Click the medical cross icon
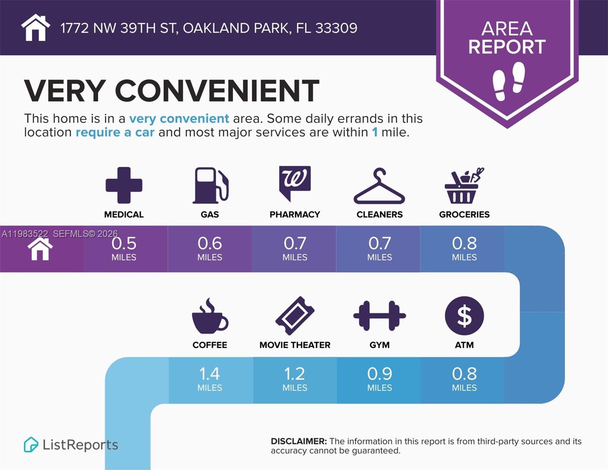tap(124, 185)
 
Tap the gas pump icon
tap(210, 185)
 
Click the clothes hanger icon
tap(379, 187)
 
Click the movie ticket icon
tap(295, 316)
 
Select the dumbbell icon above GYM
tap(379, 316)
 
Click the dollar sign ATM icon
tap(464, 316)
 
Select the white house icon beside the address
tap(36, 28)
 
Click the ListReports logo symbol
tap(31, 445)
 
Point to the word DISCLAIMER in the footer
tap(298, 441)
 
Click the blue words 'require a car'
tap(115, 132)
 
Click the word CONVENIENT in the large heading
tap(217, 91)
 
